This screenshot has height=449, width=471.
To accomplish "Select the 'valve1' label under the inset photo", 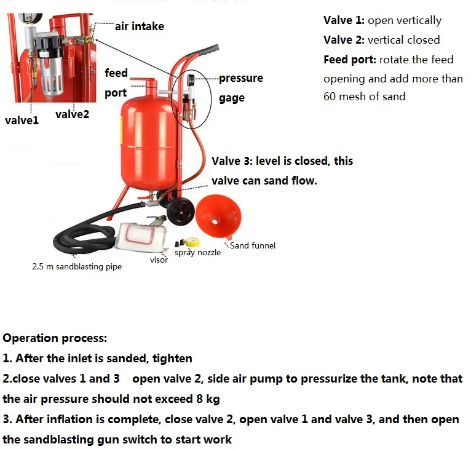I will (x=22, y=121).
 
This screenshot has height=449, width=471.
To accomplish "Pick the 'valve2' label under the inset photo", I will (x=72, y=114).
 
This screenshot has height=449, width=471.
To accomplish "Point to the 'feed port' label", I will (x=116, y=83).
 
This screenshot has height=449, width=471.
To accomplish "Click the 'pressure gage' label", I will (x=240, y=88).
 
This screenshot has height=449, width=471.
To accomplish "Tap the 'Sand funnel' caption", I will (x=253, y=245).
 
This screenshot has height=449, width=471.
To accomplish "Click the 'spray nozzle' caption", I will (x=197, y=252).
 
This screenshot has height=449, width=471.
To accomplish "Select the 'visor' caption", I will (x=159, y=260).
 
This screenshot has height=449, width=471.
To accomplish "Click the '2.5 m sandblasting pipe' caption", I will (x=77, y=267).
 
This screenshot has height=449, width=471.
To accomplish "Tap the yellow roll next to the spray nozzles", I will (x=195, y=240).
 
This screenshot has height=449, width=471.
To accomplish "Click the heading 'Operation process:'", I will (x=55, y=338).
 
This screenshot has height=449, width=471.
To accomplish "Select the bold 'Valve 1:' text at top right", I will (x=344, y=20).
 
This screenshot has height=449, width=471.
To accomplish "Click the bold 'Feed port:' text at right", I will (x=350, y=60).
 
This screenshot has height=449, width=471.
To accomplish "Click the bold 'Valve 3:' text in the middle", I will (x=232, y=161).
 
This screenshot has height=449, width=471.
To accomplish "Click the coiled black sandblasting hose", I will (x=80, y=240).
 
